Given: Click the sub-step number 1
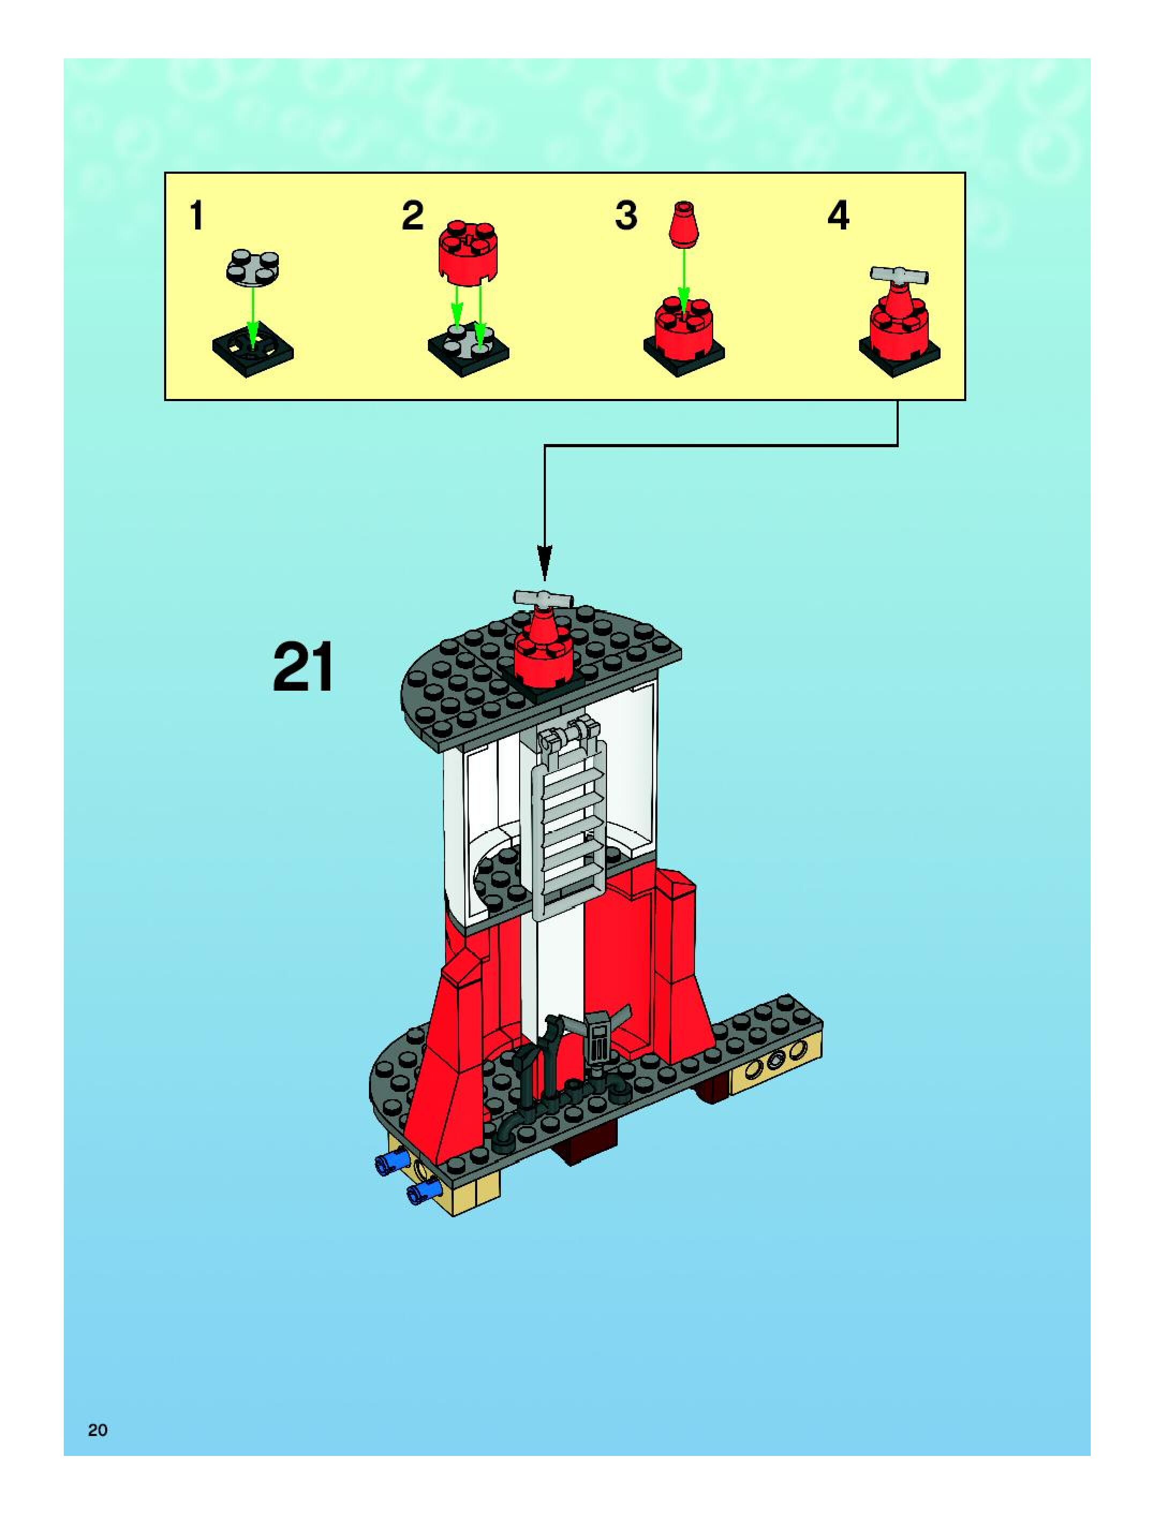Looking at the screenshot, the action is click(196, 216).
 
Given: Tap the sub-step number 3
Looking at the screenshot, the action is click(626, 216).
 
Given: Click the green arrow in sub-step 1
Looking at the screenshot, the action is click(253, 314).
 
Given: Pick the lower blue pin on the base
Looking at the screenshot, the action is click(423, 1193).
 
